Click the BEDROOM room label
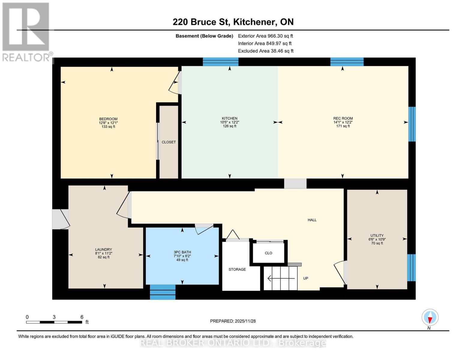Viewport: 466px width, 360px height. pos(108,119)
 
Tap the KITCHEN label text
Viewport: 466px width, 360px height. pos(230,118)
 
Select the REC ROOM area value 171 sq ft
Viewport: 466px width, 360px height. pos(343,126)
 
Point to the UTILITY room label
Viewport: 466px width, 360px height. pos(377,235)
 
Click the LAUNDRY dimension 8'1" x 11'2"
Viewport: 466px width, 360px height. pos(104,253)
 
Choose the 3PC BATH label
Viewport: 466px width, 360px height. pos(182,252)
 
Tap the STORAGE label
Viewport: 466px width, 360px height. pos(237,269)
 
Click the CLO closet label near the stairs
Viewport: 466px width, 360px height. pos(269,253)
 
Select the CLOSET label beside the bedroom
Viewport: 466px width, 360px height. pos(169,142)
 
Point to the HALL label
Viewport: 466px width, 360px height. pos(312,220)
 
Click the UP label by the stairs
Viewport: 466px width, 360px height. pos(305,278)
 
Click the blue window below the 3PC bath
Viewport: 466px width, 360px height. pos(163,292)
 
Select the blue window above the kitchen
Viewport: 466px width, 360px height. pos(221,62)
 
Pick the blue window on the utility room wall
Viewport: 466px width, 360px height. pos(411,268)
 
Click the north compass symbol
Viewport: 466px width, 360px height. pos(430,317)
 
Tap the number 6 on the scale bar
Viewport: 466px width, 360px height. pos(82,317)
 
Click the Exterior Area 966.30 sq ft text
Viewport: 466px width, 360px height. pos(265,36)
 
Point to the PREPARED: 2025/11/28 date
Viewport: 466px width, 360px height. pos(233,321)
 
